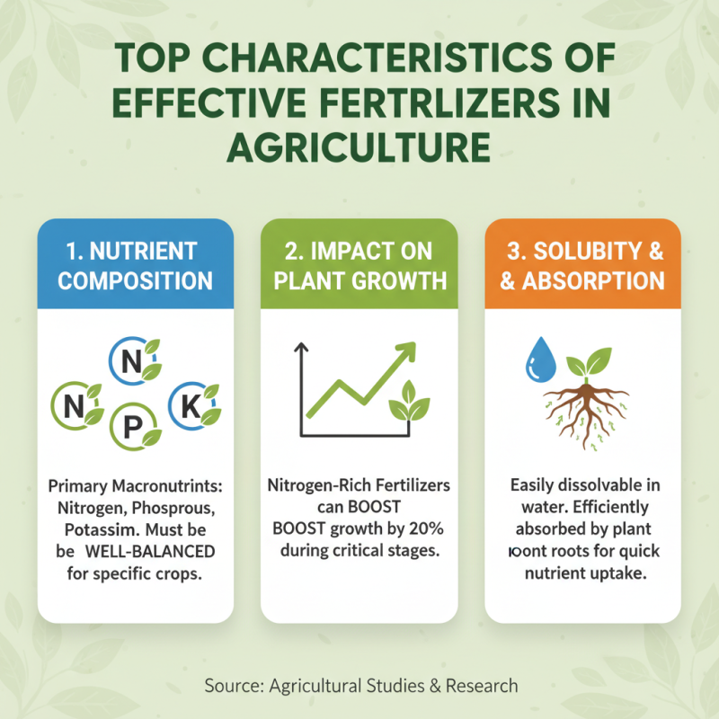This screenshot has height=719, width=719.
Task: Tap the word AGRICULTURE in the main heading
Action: (359, 144)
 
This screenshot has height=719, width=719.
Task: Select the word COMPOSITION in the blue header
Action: (136, 280)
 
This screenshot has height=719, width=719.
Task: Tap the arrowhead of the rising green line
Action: (410, 350)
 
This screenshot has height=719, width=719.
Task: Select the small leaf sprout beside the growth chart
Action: (408, 400)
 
